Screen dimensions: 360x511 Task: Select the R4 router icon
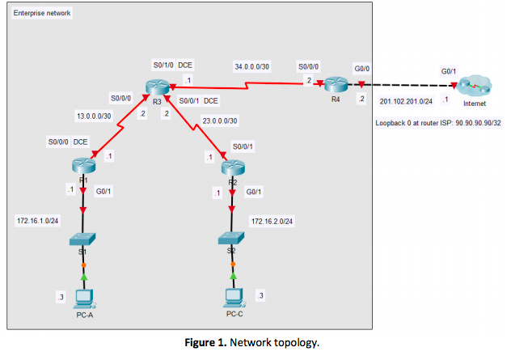[x=336, y=84]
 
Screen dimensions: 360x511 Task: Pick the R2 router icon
[x=233, y=167]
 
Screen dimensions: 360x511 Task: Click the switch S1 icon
[x=82, y=239]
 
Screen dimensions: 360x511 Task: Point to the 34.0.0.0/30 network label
[x=253, y=66]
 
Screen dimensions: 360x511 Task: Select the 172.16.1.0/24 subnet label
[x=37, y=220]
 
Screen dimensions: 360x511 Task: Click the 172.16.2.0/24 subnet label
[x=272, y=220]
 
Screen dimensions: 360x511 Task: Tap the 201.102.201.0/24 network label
[x=406, y=102]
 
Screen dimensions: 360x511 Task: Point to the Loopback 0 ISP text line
[x=438, y=124]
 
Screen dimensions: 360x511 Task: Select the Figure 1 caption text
[x=255, y=343]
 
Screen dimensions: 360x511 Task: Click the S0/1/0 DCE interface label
[x=174, y=65]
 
